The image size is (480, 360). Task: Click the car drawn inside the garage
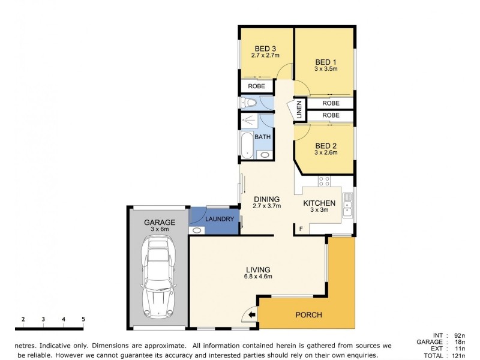157,278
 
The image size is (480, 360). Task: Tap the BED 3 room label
265,49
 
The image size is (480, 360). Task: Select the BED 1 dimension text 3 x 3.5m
326,69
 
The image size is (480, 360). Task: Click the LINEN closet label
299,110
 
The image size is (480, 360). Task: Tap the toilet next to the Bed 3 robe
249,104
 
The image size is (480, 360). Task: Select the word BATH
263,137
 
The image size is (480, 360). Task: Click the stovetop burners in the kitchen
325,180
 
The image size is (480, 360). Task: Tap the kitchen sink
347,207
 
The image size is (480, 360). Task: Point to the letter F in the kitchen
301,229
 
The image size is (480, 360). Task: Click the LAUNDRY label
219,219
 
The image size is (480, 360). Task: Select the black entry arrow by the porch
252,314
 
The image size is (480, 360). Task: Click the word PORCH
309,315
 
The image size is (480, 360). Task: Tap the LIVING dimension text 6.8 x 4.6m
258,277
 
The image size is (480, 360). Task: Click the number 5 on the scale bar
83,319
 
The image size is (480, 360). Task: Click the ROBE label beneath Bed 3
256,86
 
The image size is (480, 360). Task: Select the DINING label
266,199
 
